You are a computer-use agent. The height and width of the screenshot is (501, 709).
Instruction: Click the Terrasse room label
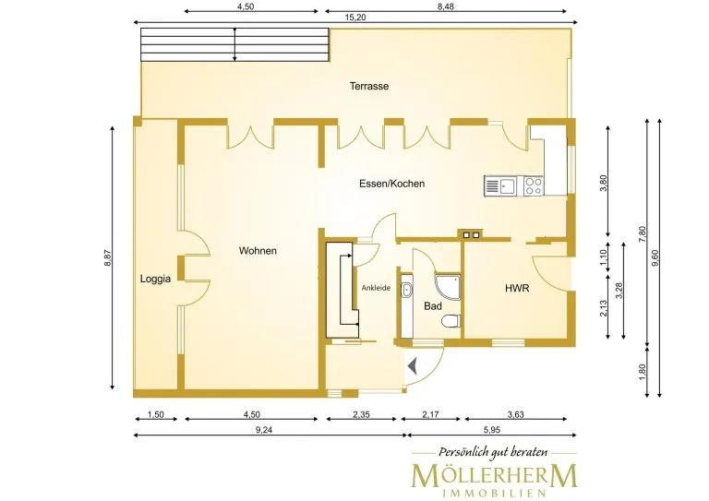click(x=369, y=86)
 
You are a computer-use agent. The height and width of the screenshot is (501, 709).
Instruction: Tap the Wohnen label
click(x=258, y=251)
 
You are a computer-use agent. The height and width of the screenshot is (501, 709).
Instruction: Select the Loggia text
click(x=155, y=279)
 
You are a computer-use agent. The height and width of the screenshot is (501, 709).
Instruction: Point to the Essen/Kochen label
click(x=392, y=184)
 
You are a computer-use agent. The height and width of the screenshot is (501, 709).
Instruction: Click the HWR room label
click(x=517, y=288)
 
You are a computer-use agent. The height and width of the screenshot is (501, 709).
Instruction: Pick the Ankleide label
click(x=376, y=288)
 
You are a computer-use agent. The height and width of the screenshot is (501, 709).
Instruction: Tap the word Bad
click(x=433, y=306)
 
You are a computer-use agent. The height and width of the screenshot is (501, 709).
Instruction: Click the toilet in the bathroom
click(x=451, y=320)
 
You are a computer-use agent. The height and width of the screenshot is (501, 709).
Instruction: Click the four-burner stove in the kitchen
click(x=534, y=185)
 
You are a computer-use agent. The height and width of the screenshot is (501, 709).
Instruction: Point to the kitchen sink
click(x=501, y=185)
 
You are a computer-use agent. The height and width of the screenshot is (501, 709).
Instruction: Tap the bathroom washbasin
click(x=407, y=289)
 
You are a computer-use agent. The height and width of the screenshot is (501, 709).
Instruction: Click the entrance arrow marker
click(x=413, y=366)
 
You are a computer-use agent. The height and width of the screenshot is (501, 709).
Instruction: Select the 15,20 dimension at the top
click(x=354, y=18)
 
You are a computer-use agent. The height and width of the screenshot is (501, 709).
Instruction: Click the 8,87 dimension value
click(x=108, y=257)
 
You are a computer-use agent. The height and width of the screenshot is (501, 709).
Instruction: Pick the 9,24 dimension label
click(x=264, y=430)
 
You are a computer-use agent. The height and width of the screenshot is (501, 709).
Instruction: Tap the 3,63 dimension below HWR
click(x=515, y=414)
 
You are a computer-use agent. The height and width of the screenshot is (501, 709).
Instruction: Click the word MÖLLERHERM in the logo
click(x=494, y=475)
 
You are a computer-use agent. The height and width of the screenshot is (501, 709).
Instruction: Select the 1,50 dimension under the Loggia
click(x=155, y=414)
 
